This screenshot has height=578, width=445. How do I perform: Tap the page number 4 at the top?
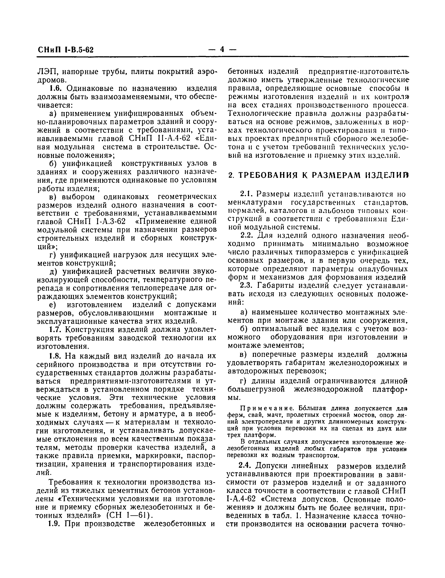pyautogui.click(x=222, y=49)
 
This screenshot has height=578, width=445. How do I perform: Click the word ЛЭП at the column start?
pyautogui.click(x=46, y=72)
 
